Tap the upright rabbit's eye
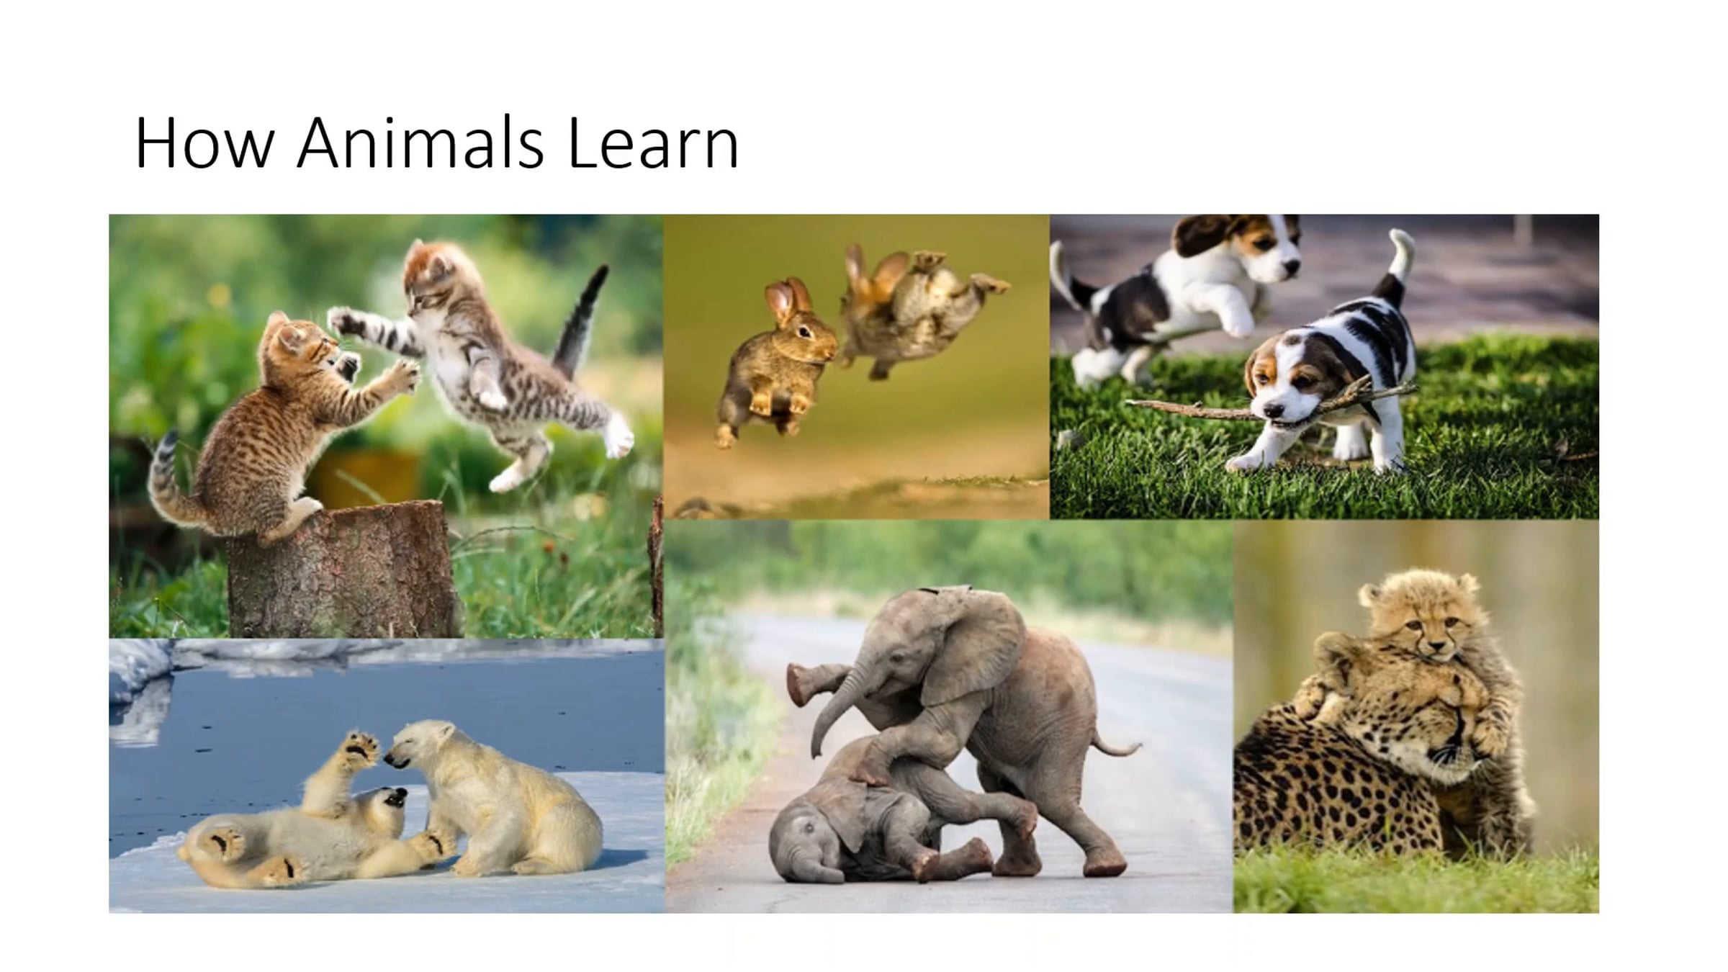click(x=805, y=332)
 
